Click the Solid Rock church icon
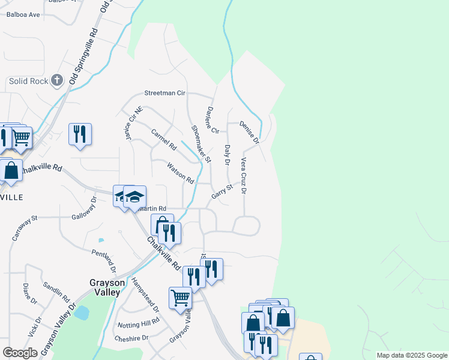[x=57, y=80]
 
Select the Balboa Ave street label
[x=23, y=14]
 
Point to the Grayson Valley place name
[x=107, y=287]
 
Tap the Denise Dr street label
[x=249, y=133]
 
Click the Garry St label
[x=222, y=192]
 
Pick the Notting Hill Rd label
[x=139, y=324]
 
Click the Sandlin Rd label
[x=56, y=294]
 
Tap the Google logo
[x=20, y=353]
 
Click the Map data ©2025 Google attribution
[x=411, y=355]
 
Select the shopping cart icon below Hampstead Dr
[x=180, y=297]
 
